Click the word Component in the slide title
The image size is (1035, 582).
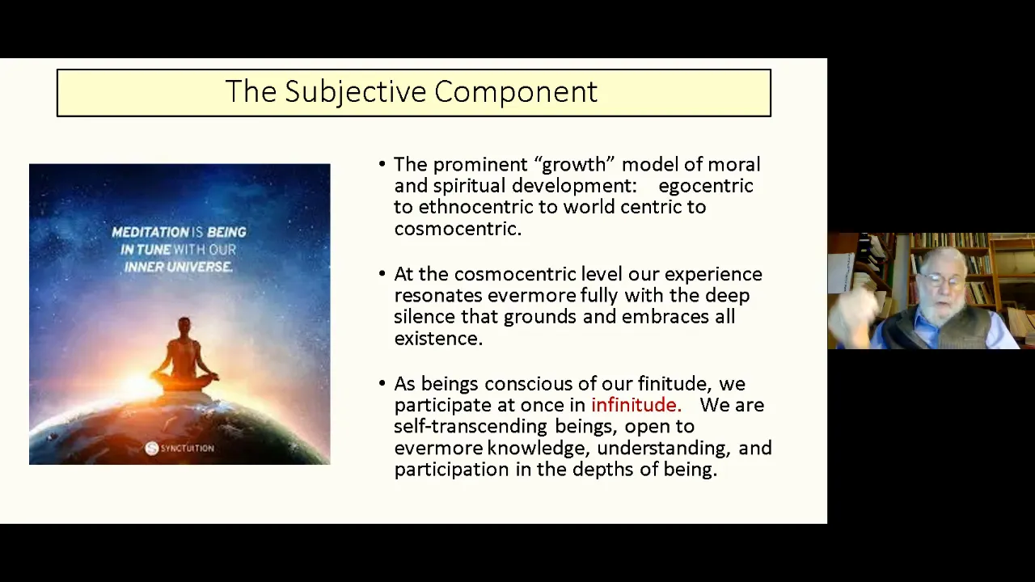(x=516, y=92)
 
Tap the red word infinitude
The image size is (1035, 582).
(x=636, y=405)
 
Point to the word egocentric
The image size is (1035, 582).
(x=706, y=186)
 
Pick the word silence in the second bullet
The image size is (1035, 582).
(x=425, y=316)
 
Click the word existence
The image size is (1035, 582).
(x=438, y=339)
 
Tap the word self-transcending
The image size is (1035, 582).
(x=471, y=426)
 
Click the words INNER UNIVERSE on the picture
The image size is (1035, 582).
(x=178, y=267)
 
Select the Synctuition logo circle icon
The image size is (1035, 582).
(x=151, y=448)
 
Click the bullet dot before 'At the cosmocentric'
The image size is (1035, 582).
(x=382, y=273)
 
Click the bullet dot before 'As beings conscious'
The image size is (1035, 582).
(x=382, y=383)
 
